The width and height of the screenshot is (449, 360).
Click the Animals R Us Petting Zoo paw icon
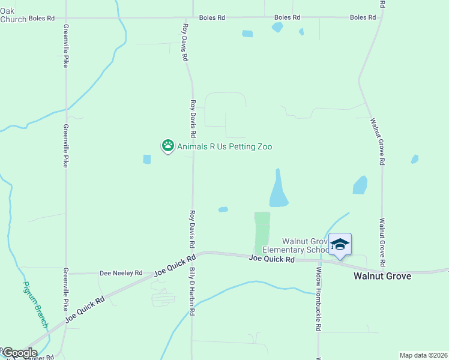[x=168, y=146]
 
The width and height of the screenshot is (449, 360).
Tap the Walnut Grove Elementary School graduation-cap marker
[x=340, y=244]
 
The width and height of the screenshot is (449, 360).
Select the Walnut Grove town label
[x=382, y=276]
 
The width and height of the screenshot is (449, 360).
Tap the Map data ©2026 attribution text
[x=423, y=355]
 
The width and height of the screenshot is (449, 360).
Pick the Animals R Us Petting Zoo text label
[x=220, y=146]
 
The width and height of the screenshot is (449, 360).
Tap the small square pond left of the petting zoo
[x=147, y=159]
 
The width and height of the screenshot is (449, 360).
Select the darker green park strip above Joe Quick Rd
[x=262, y=232]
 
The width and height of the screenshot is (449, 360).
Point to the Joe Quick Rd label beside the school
[x=272, y=259]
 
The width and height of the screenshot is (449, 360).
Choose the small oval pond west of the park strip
[x=223, y=209]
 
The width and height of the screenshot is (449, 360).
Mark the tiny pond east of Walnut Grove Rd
[x=414, y=159]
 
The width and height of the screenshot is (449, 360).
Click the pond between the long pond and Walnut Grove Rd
[x=360, y=185]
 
